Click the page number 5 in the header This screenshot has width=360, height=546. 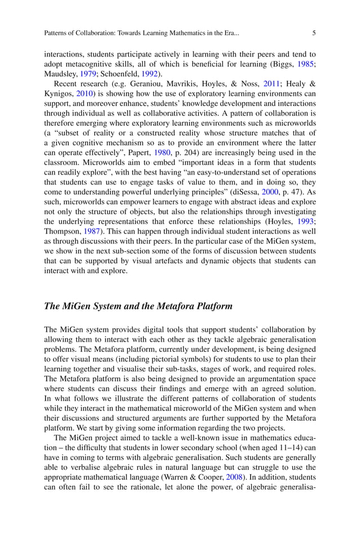(314, 33)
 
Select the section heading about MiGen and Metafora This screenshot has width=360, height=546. (138, 307)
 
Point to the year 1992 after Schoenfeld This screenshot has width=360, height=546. (150, 74)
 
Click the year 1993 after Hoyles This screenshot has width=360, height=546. (305, 221)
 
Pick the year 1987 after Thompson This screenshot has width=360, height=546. (93, 231)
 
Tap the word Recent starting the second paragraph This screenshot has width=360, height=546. (65, 84)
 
